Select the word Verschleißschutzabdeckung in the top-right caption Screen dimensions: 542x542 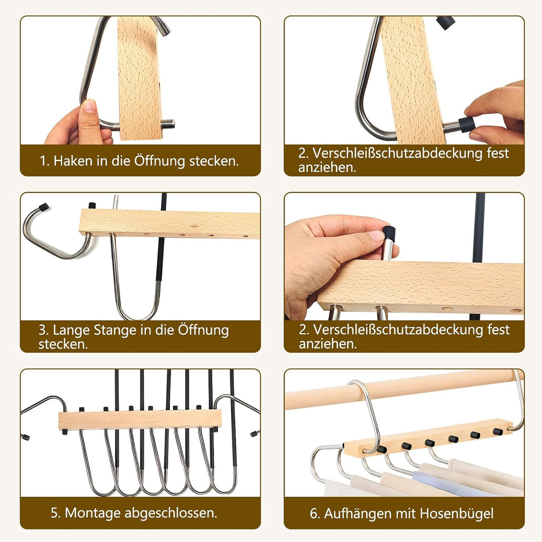[397, 153]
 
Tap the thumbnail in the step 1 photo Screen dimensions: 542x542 [89, 105]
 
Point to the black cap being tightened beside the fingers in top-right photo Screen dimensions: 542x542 [466, 124]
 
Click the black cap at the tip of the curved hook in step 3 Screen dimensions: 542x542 [44, 207]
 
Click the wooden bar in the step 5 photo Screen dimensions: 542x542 [140, 419]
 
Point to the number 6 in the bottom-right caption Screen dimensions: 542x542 [313, 514]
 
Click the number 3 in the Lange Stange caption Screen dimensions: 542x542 [42, 330]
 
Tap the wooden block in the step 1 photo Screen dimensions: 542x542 [140, 78]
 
